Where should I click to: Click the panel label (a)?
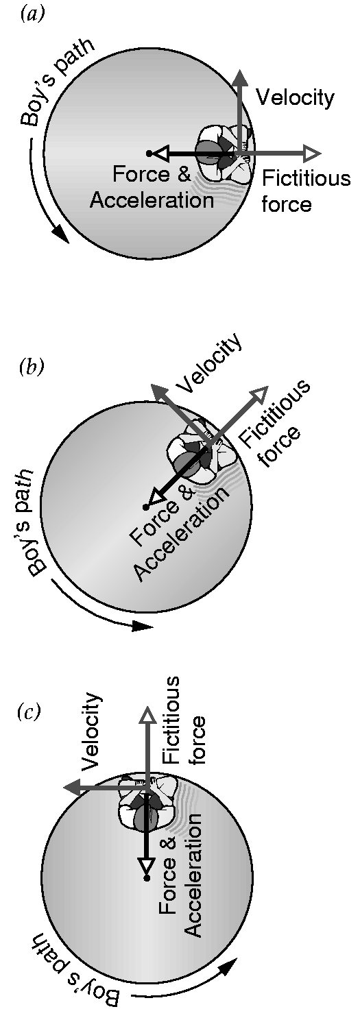coord(32,15)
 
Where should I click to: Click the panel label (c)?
coord(29,712)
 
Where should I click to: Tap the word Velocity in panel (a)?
coord(295,98)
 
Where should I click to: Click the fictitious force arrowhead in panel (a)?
coord(313,154)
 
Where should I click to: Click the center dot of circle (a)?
coord(149,154)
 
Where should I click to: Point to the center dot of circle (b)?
coord(146,507)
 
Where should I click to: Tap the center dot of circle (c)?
coord(147,877)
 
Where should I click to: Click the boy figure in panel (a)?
coord(224,153)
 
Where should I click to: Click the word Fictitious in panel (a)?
coord(307,178)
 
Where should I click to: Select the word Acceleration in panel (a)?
coord(152,200)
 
